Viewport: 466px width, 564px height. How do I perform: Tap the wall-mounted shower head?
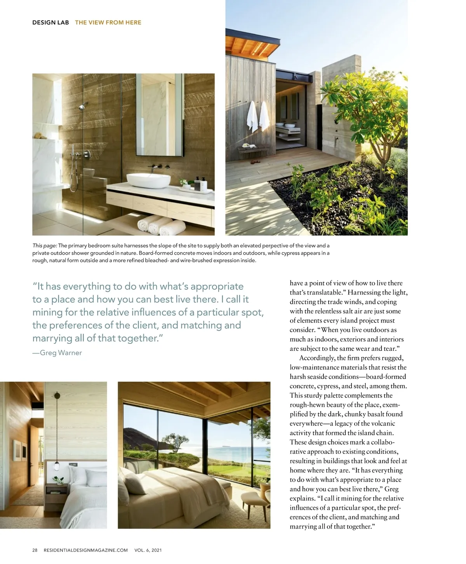(x=82, y=107)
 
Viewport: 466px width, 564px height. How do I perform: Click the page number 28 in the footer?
(x=35, y=550)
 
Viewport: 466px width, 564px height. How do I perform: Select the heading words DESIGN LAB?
(x=50, y=23)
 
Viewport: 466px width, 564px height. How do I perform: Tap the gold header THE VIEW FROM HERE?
(x=108, y=23)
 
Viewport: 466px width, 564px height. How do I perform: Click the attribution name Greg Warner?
(x=61, y=353)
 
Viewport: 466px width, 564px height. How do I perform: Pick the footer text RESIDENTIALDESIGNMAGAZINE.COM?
(x=86, y=550)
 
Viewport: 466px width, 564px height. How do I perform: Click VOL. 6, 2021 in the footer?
(x=148, y=550)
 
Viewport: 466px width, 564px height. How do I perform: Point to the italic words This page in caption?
(x=45, y=245)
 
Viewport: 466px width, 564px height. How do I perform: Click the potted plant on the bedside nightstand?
(x=58, y=481)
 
